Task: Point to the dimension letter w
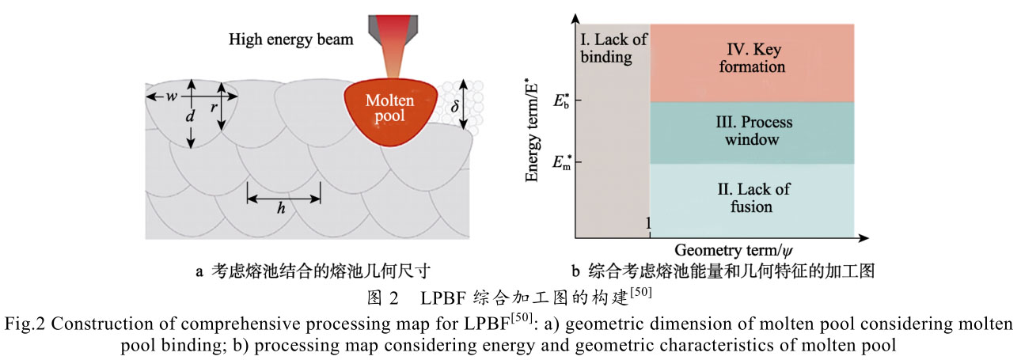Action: tap(172, 97)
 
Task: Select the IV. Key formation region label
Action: tap(752, 57)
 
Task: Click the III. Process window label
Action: tap(752, 131)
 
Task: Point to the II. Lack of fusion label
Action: tap(752, 199)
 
